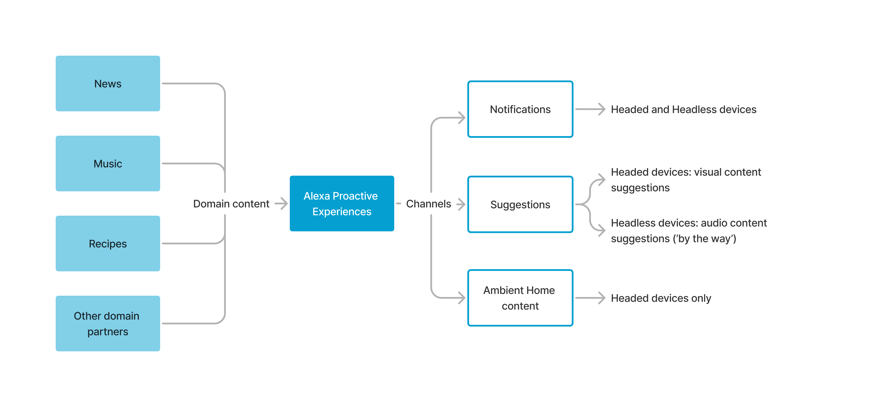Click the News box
108,83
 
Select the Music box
108,163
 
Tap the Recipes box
108,244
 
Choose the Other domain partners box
108,324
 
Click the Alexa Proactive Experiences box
342,203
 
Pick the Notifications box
520,109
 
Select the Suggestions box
520,204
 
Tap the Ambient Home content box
520,298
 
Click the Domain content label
231,204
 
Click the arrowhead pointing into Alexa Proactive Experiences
283,204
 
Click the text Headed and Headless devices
683,109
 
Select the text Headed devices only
661,298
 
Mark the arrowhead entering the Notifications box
462,118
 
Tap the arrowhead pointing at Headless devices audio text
602,230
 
